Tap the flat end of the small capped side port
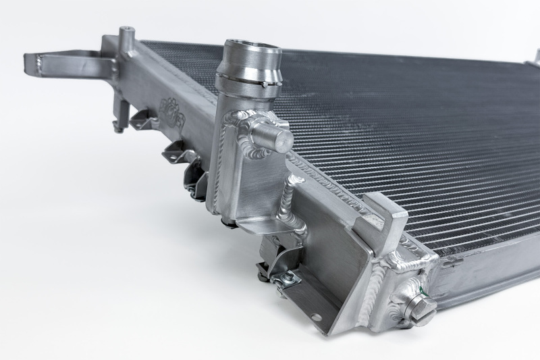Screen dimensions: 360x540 283,140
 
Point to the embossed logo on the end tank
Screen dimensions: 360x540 173,111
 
